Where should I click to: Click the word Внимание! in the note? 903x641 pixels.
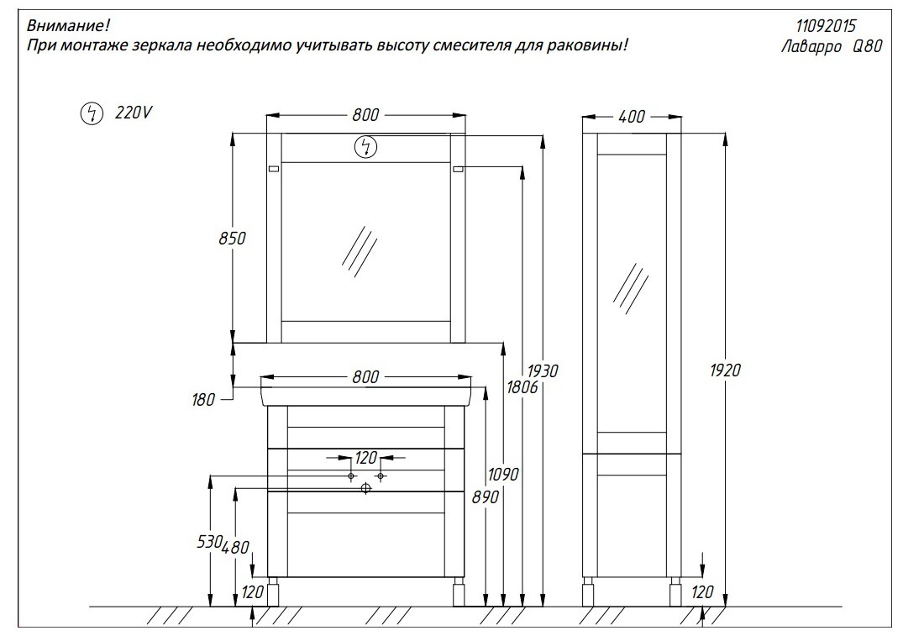point(68,25)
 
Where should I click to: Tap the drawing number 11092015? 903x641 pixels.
point(826,26)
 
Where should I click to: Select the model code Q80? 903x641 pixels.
point(867,46)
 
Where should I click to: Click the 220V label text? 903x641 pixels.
point(133,113)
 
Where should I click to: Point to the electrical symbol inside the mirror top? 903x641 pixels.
point(365,147)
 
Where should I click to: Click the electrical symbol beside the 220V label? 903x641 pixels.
point(91,113)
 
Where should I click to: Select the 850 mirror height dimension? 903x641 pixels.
point(232,238)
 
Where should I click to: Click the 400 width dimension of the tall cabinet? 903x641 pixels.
point(631,116)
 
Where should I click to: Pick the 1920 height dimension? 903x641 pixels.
point(725,370)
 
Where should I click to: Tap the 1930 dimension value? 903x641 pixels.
point(543,370)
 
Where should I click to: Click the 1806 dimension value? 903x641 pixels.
point(522,387)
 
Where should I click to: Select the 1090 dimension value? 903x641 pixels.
point(503,475)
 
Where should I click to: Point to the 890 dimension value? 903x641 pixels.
point(486,497)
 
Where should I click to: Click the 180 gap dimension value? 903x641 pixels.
point(203,400)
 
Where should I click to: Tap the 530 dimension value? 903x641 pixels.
point(209,541)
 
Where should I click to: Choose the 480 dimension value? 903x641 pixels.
point(235,547)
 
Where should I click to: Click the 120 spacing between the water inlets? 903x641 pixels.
point(365,458)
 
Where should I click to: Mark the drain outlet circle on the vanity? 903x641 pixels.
point(365,488)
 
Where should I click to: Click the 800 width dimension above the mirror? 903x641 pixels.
point(365,115)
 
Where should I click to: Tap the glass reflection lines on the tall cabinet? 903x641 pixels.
point(631,289)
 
